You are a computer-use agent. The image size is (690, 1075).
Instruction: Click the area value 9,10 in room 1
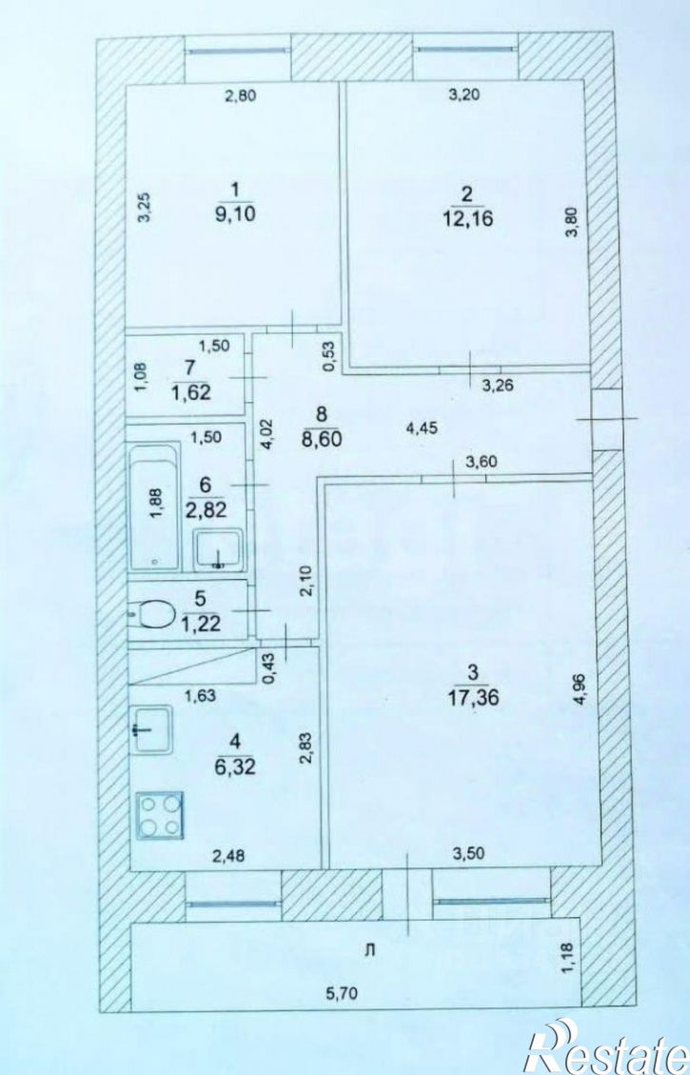(235, 214)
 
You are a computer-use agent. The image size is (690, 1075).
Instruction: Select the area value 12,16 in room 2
(468, 219)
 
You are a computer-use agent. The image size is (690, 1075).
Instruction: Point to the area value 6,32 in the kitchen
(235, 766)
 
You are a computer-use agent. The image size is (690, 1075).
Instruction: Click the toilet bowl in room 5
(155, 613)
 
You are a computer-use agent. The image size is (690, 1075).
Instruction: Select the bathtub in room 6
(155, 506)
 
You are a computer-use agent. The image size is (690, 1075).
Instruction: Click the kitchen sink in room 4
(150, 729)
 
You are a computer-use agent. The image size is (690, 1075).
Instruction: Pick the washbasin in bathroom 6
(218, 549)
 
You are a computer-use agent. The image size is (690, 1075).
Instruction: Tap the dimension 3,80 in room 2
(574, 222)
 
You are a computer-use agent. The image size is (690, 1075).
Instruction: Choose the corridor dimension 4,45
(422, 428)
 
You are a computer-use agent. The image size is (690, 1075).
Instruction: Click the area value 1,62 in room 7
(192, 393)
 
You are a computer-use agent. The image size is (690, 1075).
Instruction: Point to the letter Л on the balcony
(370, 950)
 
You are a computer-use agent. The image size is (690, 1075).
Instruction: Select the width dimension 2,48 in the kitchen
(228, 855)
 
